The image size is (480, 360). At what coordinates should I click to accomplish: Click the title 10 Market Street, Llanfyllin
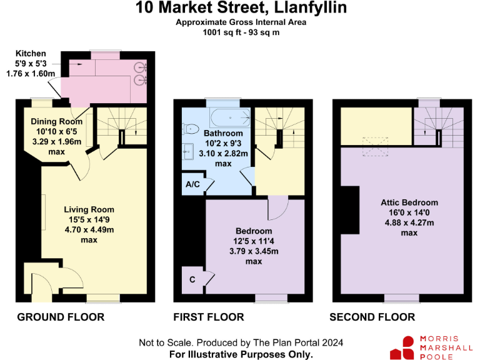click(240, 9)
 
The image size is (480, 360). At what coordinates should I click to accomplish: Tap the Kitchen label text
click(29, 54)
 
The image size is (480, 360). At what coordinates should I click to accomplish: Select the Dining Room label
click(57, 121)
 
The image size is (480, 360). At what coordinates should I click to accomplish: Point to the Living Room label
click(89, 209)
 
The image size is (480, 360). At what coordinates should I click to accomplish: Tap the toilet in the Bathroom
click(192, 129)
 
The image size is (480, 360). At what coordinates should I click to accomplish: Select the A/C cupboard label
click(193, 185)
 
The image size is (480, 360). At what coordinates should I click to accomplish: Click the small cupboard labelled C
click(192, 279)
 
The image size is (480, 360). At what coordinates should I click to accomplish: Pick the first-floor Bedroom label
click(253, 231)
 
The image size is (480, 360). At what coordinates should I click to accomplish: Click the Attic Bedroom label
click(409, 202)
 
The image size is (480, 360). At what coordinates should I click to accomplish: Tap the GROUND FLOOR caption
click(61, 317)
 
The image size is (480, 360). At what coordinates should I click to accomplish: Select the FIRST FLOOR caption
click(209, 317)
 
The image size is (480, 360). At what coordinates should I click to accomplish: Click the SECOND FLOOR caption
click(372, 317)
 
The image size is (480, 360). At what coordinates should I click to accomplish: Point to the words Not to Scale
click(162, 343)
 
